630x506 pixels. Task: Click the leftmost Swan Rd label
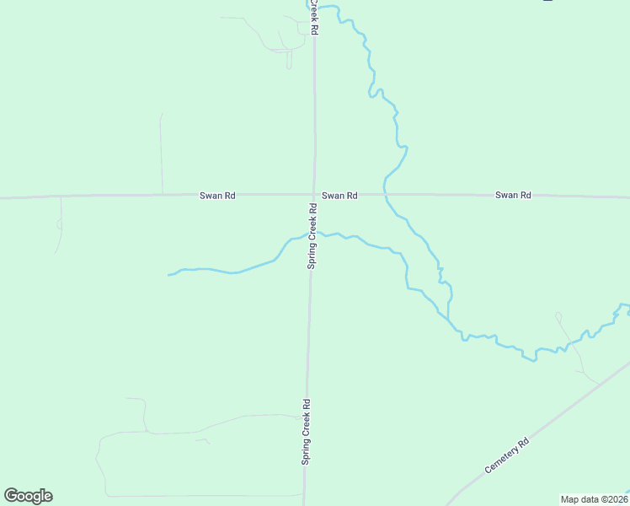coord(217,196)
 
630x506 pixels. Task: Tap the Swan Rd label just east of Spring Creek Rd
coord(339,196)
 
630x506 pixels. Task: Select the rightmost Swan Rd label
coord(513,196)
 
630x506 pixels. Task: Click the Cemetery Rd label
coord(507,455)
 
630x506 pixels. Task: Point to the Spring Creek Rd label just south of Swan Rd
coord(312,237)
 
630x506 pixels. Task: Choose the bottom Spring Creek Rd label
coord(307,432)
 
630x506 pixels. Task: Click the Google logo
coord(28,496)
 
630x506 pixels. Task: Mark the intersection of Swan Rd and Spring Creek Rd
coord(313,195)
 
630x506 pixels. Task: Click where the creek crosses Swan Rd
coord(385,195)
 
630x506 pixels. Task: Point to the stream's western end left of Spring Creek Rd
coord(169,275)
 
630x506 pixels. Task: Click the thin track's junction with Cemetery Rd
coord(599,385)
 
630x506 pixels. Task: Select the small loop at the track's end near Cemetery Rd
coord(558,317)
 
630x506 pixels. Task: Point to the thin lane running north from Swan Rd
coord(161,152)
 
